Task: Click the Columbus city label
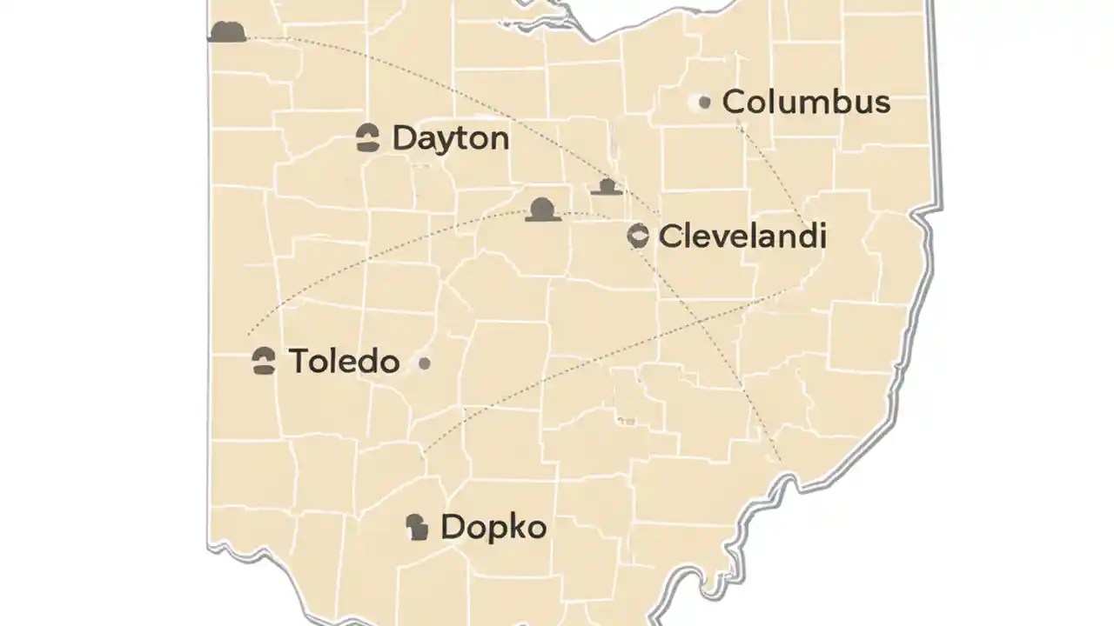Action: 806,102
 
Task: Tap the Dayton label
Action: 450,138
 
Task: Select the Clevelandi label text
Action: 742,236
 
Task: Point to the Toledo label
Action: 344,361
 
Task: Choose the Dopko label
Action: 493,527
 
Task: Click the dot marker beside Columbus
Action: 704,103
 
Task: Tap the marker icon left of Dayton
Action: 368,138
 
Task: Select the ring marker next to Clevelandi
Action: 638,236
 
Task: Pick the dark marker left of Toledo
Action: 264,361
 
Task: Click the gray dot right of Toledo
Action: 424,363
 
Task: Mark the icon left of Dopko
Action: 418,527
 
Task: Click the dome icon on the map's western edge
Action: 228,32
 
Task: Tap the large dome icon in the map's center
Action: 543,210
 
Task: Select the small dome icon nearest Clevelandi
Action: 607,186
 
